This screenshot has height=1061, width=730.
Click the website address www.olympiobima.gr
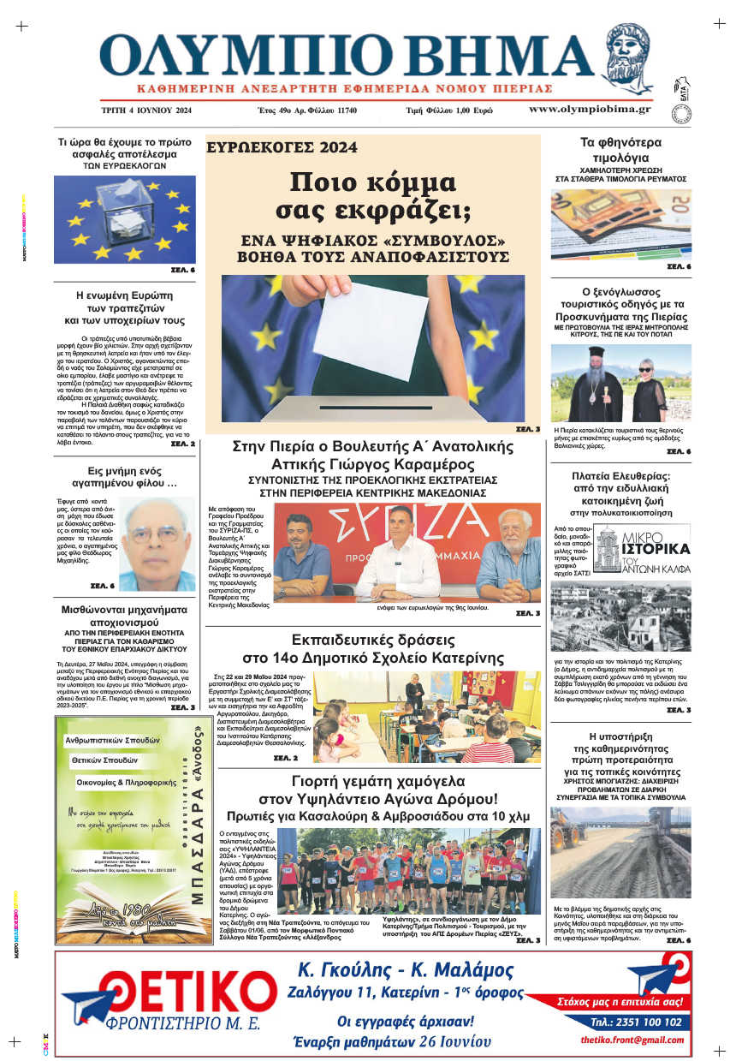(590, 110)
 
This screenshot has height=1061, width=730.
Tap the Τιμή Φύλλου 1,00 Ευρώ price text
(449, 110)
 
